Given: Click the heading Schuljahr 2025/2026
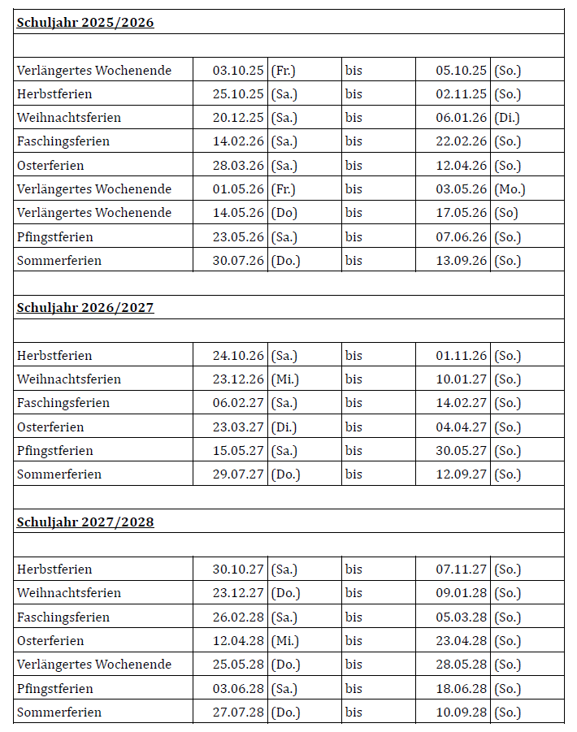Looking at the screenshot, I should (x=85, y=23).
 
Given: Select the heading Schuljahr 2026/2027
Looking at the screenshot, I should (x=85, y=308).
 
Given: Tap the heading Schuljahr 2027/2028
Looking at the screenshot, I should (x=85, y=522).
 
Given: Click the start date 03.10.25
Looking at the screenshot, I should (x=238, y=71).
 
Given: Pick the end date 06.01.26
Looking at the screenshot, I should (x=461, y=118).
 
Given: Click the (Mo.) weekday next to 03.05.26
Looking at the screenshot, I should (x=510, y=189).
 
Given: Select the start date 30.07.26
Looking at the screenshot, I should (x=238, y=261).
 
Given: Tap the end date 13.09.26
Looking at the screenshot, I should (x=461, y=261).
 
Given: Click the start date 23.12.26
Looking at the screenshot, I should (x=238, y=379).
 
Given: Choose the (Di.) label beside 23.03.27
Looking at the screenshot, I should (x=284, y=427).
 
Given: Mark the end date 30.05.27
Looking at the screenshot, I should (x=461, y=451).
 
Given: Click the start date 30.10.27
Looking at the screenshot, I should (x=238, y=570).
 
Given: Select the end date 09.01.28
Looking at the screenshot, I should (x=461, y=593).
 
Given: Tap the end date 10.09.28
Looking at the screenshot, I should (x=461, y=713).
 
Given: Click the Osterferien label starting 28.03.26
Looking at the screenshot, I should (x=50, y=166).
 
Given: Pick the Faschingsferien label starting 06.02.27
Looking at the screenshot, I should (x=63, y=403).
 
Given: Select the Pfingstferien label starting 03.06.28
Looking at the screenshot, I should (x=55, y=689).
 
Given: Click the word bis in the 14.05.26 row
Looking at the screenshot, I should (x=354, y=213).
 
